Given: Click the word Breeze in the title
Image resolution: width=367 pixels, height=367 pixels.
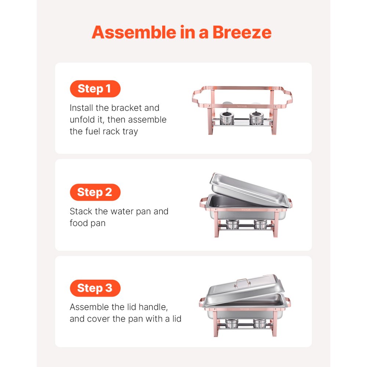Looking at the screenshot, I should click(242, 32).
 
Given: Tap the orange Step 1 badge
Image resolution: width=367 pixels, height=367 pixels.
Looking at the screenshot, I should click(95, 89).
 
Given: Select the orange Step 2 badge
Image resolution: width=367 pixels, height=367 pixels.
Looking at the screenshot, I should click(95, 192).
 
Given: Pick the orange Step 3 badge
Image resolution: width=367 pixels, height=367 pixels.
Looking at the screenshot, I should click(95, 288).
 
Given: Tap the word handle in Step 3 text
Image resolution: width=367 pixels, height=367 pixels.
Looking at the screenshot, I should click(155, 307).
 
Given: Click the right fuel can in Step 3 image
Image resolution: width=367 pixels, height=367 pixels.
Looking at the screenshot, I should click(260, 323).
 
